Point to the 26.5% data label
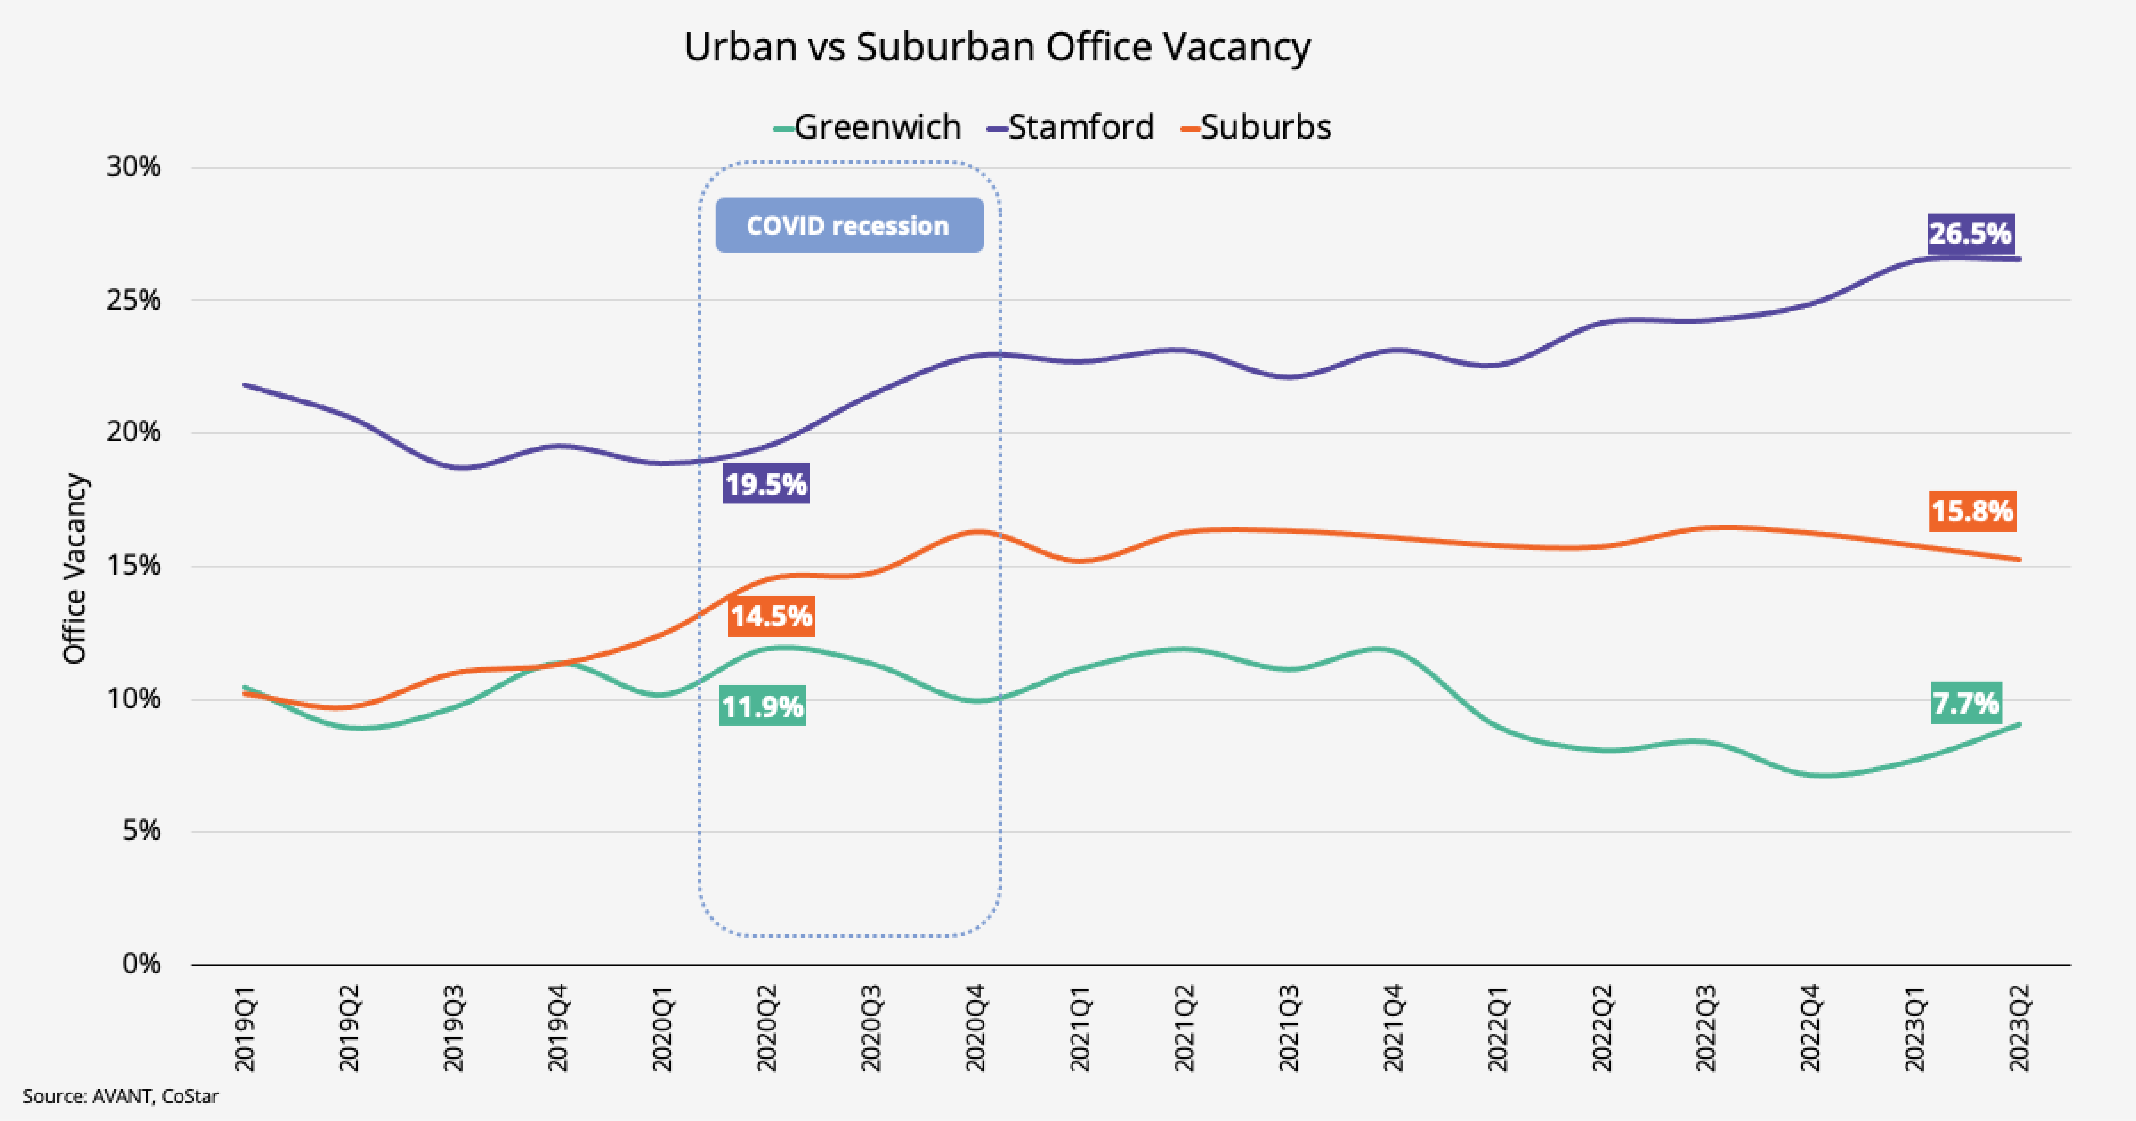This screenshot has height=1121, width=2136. click(x=1970, y=233)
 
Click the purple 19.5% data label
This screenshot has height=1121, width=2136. click(x=766, y=483)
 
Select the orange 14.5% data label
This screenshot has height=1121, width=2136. click(x=771, y=616)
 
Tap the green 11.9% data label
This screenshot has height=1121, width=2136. click(x=762, y=706)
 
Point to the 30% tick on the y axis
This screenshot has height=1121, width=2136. click(x=133, y=167)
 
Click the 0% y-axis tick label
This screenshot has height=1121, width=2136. click(x=141, y=964)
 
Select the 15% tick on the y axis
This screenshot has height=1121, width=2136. click(x=133, y=565)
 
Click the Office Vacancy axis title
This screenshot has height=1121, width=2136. click(x=75, y=569)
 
